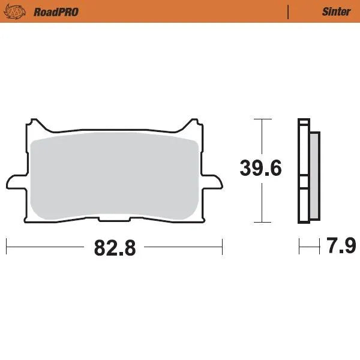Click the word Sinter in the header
click(337, 11)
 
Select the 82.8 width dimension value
click(115, 247)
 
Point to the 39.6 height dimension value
click(260, 169)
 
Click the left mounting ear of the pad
click(16, 179)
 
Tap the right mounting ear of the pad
click(212, 179)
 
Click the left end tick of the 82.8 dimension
click(7, 246)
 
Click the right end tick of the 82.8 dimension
click(222, 246)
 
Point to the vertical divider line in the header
click(289, 11)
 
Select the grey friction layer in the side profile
click(314, 174)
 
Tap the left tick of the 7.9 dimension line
click(299, 246)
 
